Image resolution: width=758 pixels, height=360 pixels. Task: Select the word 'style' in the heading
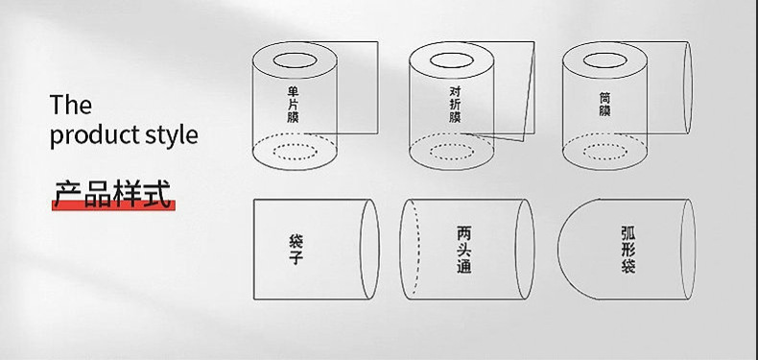point(171,134)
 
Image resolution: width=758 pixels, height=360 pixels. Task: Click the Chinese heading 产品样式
point(112,192)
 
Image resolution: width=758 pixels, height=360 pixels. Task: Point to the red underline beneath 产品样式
point(112,205)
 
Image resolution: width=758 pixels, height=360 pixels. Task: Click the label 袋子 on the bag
point(296,249)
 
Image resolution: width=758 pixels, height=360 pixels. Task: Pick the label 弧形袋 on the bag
point(628,250)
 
